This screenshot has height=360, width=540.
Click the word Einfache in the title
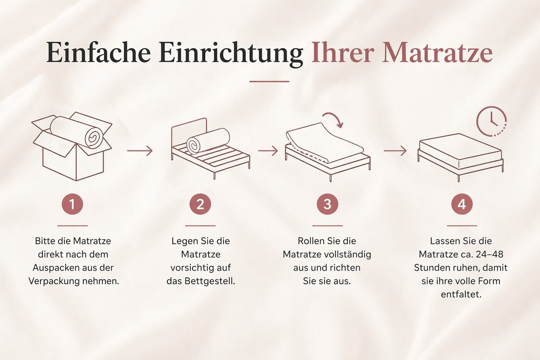pyautogui.click(x=98, y=52)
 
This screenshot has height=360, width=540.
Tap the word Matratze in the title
pyautogui.click(x=437, y=52)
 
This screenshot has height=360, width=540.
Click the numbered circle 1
pyautogui.click(x=73, y=204)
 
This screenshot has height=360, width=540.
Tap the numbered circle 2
pyautogui.click(x=200, y=204)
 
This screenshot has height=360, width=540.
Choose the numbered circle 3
pyautogui.click(x=327, y=204)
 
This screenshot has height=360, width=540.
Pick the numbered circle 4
pyautogui.click(x=462, y=204)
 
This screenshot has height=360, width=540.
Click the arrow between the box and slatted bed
pyautogui.click(x=140, y=151)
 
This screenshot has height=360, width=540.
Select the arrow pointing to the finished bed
pyautogui.click(x=395, y=151)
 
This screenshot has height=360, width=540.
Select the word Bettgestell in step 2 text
pyautogui.click(x=210, y=281)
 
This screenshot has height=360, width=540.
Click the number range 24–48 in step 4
pyautogui.click(x=489, y=254)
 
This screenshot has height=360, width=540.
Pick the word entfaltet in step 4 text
pyautogui.click(x=461, y=294)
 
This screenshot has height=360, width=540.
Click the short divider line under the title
pyautogui.click(x=269, y=81)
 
